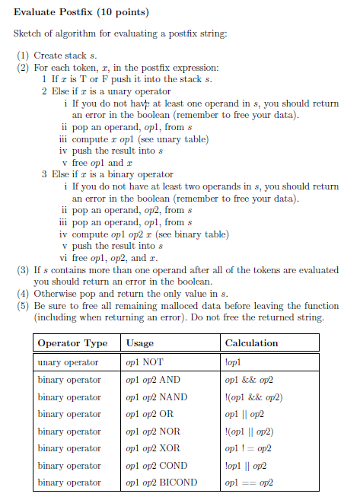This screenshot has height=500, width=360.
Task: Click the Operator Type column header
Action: [x=72, y=343]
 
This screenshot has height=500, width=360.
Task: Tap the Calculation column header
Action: [x=251, y=343]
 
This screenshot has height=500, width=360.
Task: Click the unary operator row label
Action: [x=68, y=362]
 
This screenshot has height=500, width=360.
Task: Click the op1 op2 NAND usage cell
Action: [x=156, y=397]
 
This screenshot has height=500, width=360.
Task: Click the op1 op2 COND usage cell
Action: [x=155, y=466]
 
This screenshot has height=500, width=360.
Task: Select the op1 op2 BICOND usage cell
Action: [x=161, y=482]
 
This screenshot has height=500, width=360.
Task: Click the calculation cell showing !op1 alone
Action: [x=234, y=362]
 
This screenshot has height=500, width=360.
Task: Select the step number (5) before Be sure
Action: [x=23, y=305]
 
